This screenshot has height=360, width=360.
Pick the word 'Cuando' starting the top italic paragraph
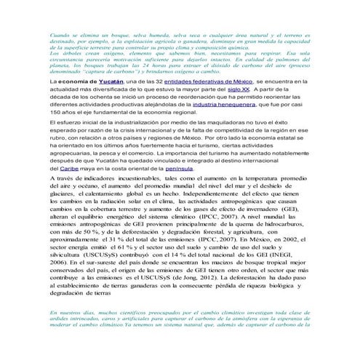[61, 34]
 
